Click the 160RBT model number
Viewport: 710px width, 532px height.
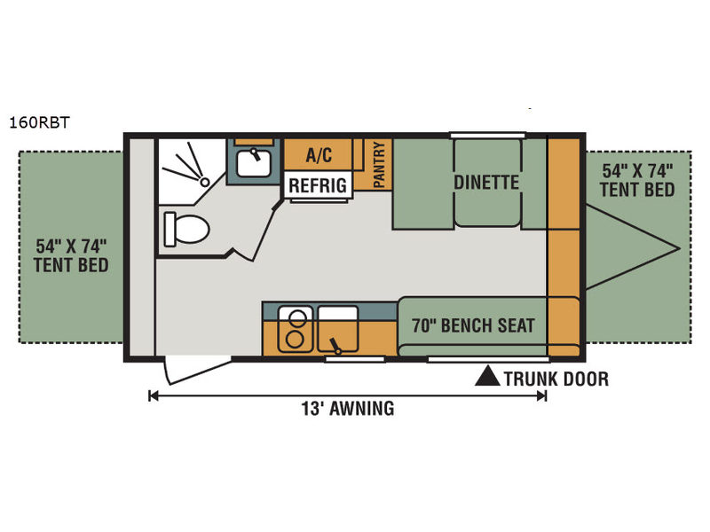pyautogui.click(x=39, y=122)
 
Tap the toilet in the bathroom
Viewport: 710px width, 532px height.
pyautogui.click(x=186, y=229)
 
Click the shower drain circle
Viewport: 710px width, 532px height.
pyautogui.click(x=205, y=182)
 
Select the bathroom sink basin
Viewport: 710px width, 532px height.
pyautogui.click(x=254, y=163)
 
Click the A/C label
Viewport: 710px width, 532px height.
pyautogui.click(x=319, y=155)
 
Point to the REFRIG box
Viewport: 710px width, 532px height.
pyautogui.click(x=318, y=185)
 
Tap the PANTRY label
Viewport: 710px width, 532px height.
pyautogui.click(x=379, y=165)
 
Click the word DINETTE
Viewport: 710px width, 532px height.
pyautogui.click(x=486, y=183)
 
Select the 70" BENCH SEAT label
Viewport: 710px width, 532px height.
pyautogui.click(x=473, y=325)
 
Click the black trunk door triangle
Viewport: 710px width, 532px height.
pyautogui.click(x=487, y=376)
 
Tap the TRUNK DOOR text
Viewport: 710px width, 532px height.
pyautogui.click(x=556, y=379)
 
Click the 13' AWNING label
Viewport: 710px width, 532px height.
pyautogui.click(x=348, y=409)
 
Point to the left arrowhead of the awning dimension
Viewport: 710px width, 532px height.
pyautogui.click(x=153, y=396)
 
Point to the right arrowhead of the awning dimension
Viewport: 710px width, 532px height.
pyautogui.click(x=541, y=396)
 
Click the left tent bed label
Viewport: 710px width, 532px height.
pyautogui.click(x=71, y=255)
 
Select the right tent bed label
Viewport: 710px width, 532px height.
pyautogui.click(x=637, y=180)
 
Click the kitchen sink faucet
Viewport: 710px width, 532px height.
pyautogui.click(x=335, y=346)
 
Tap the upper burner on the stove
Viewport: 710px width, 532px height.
pyautogui.click(x=297, y=318)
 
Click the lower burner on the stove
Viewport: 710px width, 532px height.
pyautogui.click(x=295, y=340)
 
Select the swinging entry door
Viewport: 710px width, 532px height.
pyautogui.click(x=198, y=370)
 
